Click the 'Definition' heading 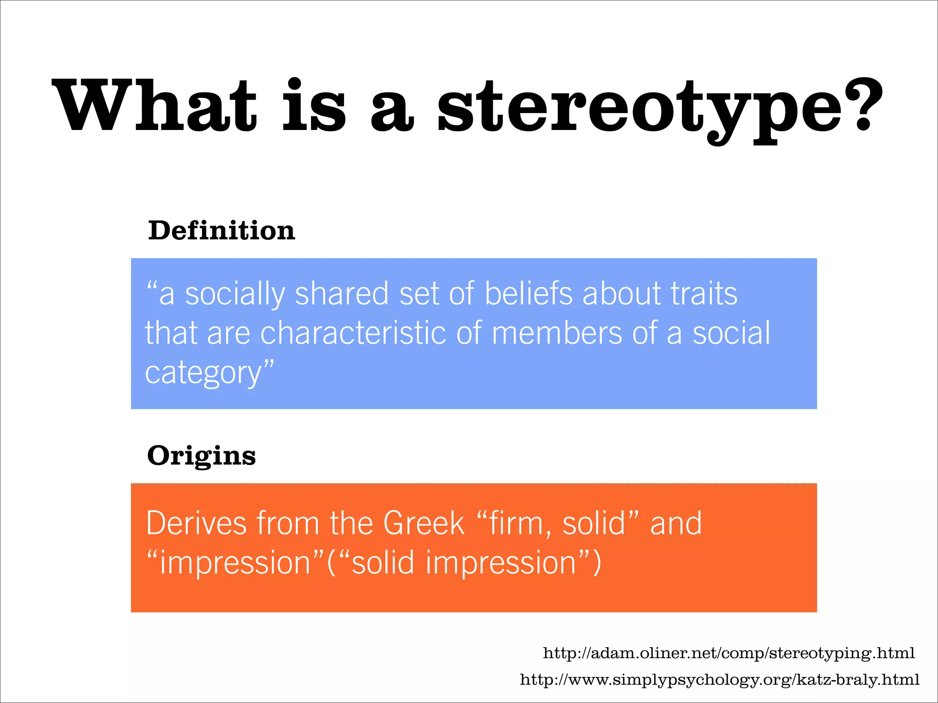(222, 230)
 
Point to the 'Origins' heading (202, 456)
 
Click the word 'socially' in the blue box (235, 293)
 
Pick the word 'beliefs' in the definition (529, 293)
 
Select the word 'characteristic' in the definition (353, 333)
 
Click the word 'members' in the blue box (557, 333)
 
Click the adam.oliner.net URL (729, 653)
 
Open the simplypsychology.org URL (720, 680)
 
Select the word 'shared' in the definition (342, 293)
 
